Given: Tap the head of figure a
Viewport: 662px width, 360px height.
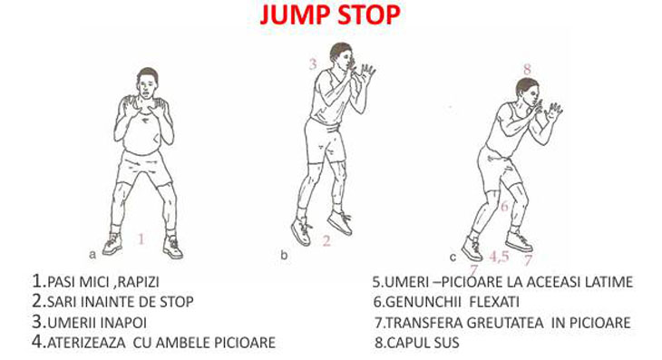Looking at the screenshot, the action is (x=147, y=83).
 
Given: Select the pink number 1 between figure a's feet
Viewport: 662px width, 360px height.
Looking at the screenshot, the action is (x=141, y=239).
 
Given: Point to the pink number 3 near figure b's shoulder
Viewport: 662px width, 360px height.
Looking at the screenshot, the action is (x=313, y=64).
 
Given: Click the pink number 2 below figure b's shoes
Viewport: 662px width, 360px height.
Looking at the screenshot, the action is (x=326, y=240).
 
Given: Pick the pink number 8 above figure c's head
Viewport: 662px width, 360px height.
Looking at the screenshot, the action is (x=527, y=69).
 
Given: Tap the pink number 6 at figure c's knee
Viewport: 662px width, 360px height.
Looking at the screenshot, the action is (x=504, y=207).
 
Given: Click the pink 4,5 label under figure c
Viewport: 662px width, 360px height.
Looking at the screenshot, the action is (x=499, y=256).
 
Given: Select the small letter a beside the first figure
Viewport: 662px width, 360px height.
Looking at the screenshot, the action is (x=92, y=255).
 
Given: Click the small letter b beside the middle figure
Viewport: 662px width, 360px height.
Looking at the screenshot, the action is (x=284, y=255).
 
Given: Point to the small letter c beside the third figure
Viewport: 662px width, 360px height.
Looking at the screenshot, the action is (x=453, y=257).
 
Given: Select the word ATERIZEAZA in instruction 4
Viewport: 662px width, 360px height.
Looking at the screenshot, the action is (x=86, y=343).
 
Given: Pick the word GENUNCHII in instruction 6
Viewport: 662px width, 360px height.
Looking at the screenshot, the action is (x=423, y=302).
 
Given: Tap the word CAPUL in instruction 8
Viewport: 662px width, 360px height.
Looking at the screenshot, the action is (x=405, y=343).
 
